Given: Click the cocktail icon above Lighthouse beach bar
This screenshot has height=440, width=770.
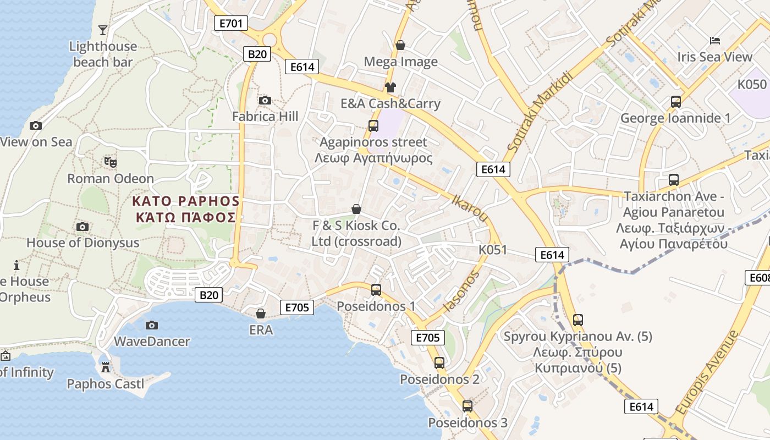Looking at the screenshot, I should click(103, 30).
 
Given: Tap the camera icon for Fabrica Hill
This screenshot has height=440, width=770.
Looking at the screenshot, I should click(265, 100).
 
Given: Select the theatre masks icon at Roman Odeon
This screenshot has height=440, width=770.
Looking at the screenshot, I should click(111, 162).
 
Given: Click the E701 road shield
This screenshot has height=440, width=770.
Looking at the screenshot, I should click(231, 23).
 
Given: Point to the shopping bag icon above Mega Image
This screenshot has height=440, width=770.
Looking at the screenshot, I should click(400, 45).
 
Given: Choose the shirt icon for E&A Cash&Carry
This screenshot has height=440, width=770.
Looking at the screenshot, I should click(391, 87).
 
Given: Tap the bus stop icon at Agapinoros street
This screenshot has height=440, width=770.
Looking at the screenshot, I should click(373, 125).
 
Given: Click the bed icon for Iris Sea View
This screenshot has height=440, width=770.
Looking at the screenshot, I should click(714, 41).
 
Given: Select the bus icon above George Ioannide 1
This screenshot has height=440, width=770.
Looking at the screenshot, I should click(675, 102).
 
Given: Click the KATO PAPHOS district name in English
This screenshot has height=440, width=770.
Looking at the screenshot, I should click(186, 201).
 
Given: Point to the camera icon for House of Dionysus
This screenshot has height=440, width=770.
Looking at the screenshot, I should click(82, 227).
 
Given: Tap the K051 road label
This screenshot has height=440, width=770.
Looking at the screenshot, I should click(492, 250).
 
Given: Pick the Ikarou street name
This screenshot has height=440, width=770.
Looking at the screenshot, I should click(470, 207).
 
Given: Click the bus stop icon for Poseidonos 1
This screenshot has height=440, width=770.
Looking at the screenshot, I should click(376, 289).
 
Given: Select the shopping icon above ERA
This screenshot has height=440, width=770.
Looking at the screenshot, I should click(261, 313).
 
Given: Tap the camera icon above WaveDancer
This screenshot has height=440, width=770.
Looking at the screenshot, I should click(152, 325).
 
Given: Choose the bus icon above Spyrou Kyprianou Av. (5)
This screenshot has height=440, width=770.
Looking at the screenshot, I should click(577, 320).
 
